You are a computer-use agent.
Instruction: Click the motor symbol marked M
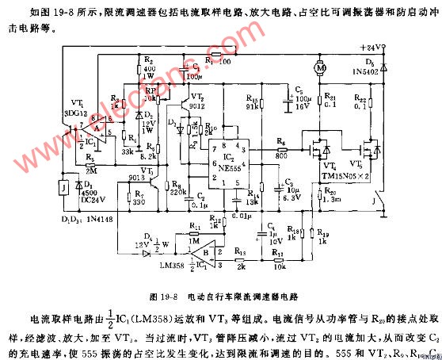tap(321, 68)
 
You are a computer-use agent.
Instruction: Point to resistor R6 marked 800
tap(282, 147)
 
